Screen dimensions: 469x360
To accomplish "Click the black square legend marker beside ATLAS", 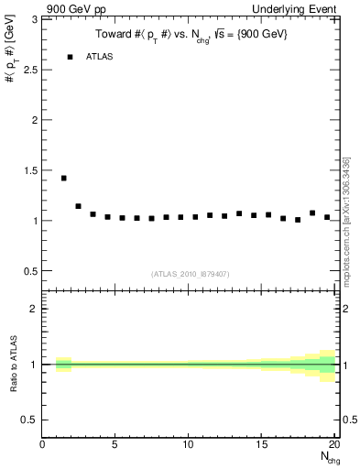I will tap(70, 57).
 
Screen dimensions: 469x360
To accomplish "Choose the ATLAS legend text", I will tap(100, 57).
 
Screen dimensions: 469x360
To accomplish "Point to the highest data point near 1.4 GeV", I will tap(63, 178).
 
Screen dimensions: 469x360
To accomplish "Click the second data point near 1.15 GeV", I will tap(78, 206).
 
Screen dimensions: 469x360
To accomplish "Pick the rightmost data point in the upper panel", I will tap(327, 217).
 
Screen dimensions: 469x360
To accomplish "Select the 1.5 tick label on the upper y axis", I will tap(29, 170).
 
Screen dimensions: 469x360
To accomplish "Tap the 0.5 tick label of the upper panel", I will tap(29, 271).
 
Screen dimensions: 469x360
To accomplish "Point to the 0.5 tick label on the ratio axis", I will tap(29, 420).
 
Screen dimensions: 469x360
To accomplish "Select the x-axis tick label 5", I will tap(115, 445).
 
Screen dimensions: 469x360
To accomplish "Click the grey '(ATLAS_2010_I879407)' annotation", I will tap(189, 273).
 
